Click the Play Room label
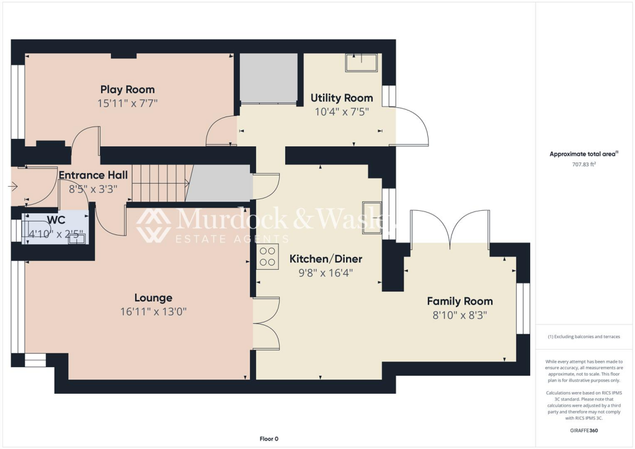pos(127,89)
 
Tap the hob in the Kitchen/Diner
pos(268,256)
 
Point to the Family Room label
pos(460,301)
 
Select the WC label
pos(56,220)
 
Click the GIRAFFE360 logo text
pos(584,430)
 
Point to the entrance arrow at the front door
pos(13,185)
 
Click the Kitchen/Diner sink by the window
pos(372,218)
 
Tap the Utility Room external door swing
pos(412,127)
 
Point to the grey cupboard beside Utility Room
pos(268,78)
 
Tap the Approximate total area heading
pos(581,154)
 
